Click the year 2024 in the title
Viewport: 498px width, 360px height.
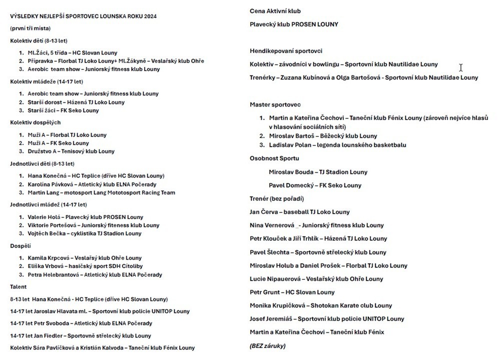pyautogui.click(x=149, y=16)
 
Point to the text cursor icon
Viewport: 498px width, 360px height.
pyautogui.click(x=460, y=67)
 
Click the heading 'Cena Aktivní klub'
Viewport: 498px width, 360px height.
pyautogui.click(x=275, y=11)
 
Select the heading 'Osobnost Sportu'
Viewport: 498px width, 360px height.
pyautogui.click(x=274, y=158)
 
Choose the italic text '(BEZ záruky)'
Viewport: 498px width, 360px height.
pyautogui.click(x=267, y=345)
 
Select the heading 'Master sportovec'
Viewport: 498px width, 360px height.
pyautogui.click(x=275, y=104)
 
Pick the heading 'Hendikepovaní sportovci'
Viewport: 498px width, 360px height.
pyautogui.click(x=286, y=51)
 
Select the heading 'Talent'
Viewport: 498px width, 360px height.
pyautogui.click(x=19, y=287)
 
